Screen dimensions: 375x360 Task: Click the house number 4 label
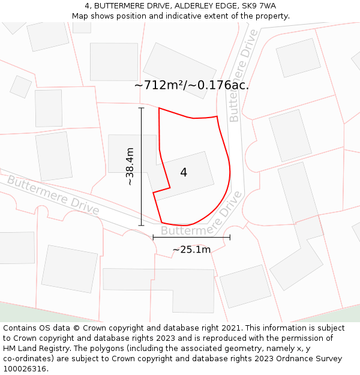pos(184,172)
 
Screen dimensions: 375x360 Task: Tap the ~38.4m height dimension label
pos(130,166)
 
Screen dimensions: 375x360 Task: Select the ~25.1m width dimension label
pos(191,250)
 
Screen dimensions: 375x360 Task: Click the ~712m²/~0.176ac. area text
pos(191,85)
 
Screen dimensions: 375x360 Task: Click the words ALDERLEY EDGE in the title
pos(199,6)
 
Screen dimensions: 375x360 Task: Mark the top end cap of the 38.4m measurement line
pos(142,108)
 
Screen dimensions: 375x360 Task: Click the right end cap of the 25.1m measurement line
pos(230,238)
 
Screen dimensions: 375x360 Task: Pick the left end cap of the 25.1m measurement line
pos(153,238)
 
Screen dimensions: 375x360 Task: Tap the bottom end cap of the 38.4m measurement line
pos(142,226)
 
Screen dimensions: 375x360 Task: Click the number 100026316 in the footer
pos(25,369)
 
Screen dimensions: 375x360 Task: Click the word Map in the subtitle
pos(80,16)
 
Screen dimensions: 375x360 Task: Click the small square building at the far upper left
pos(20,86)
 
